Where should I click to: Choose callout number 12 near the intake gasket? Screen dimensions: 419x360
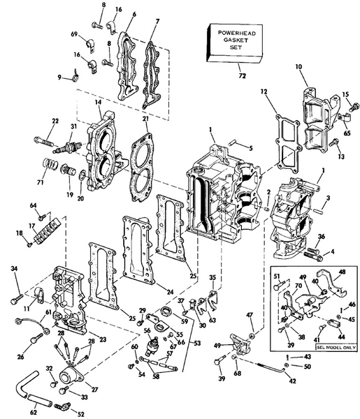[264, 92]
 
